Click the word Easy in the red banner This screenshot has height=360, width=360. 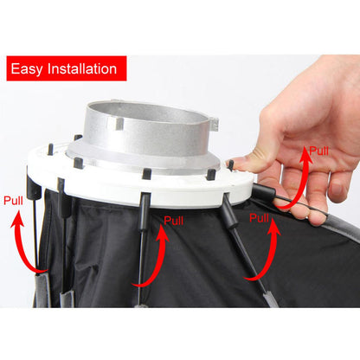tap(32, 68)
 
